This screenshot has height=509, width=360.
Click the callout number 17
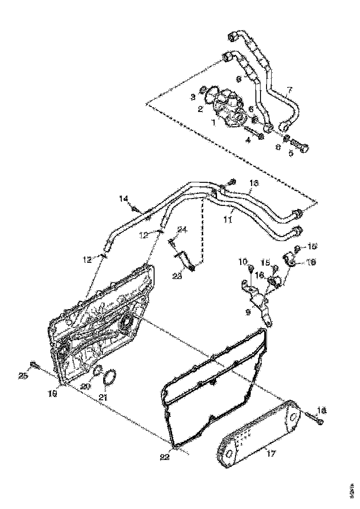click(x=271, y=453)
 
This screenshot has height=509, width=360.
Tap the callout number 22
click(x=165, y=457)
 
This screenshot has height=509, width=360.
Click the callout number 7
click(x=290, y=89)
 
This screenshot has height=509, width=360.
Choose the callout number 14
click(x=123, y=199)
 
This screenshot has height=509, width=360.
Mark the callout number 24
click(x=182, y=230)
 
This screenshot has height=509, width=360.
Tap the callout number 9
click(x=248, y=312)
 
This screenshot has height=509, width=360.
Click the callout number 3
click(x=193, y=97)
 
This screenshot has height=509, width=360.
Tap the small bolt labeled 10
click(x=250, y=270)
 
